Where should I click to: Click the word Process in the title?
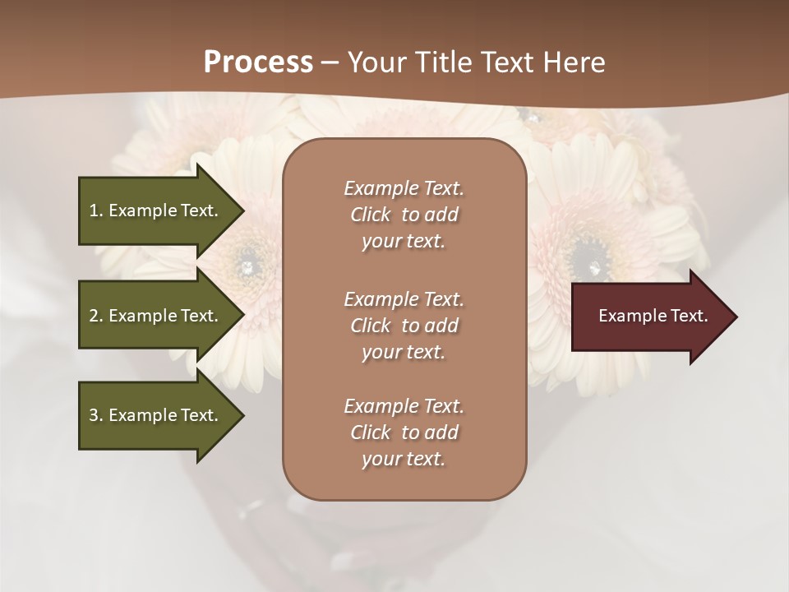pos(258,62)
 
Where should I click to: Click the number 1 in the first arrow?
pos(94,210)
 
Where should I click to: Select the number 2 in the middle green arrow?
pos(94,316)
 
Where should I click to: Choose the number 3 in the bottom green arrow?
pos(94,415)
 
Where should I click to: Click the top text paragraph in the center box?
pos(404,215)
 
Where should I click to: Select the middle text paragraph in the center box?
pos(404,326)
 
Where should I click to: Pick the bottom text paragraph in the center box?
pos(404,432)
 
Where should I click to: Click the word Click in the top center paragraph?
pos(371,215)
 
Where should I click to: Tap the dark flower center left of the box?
pos(245,263)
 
